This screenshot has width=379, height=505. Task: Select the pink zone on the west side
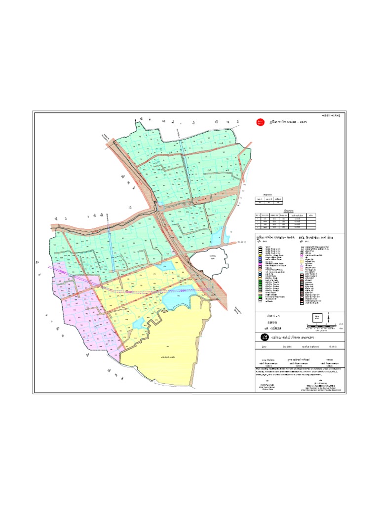click(79, 306)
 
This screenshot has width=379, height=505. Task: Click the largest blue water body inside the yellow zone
click(178, 298)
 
